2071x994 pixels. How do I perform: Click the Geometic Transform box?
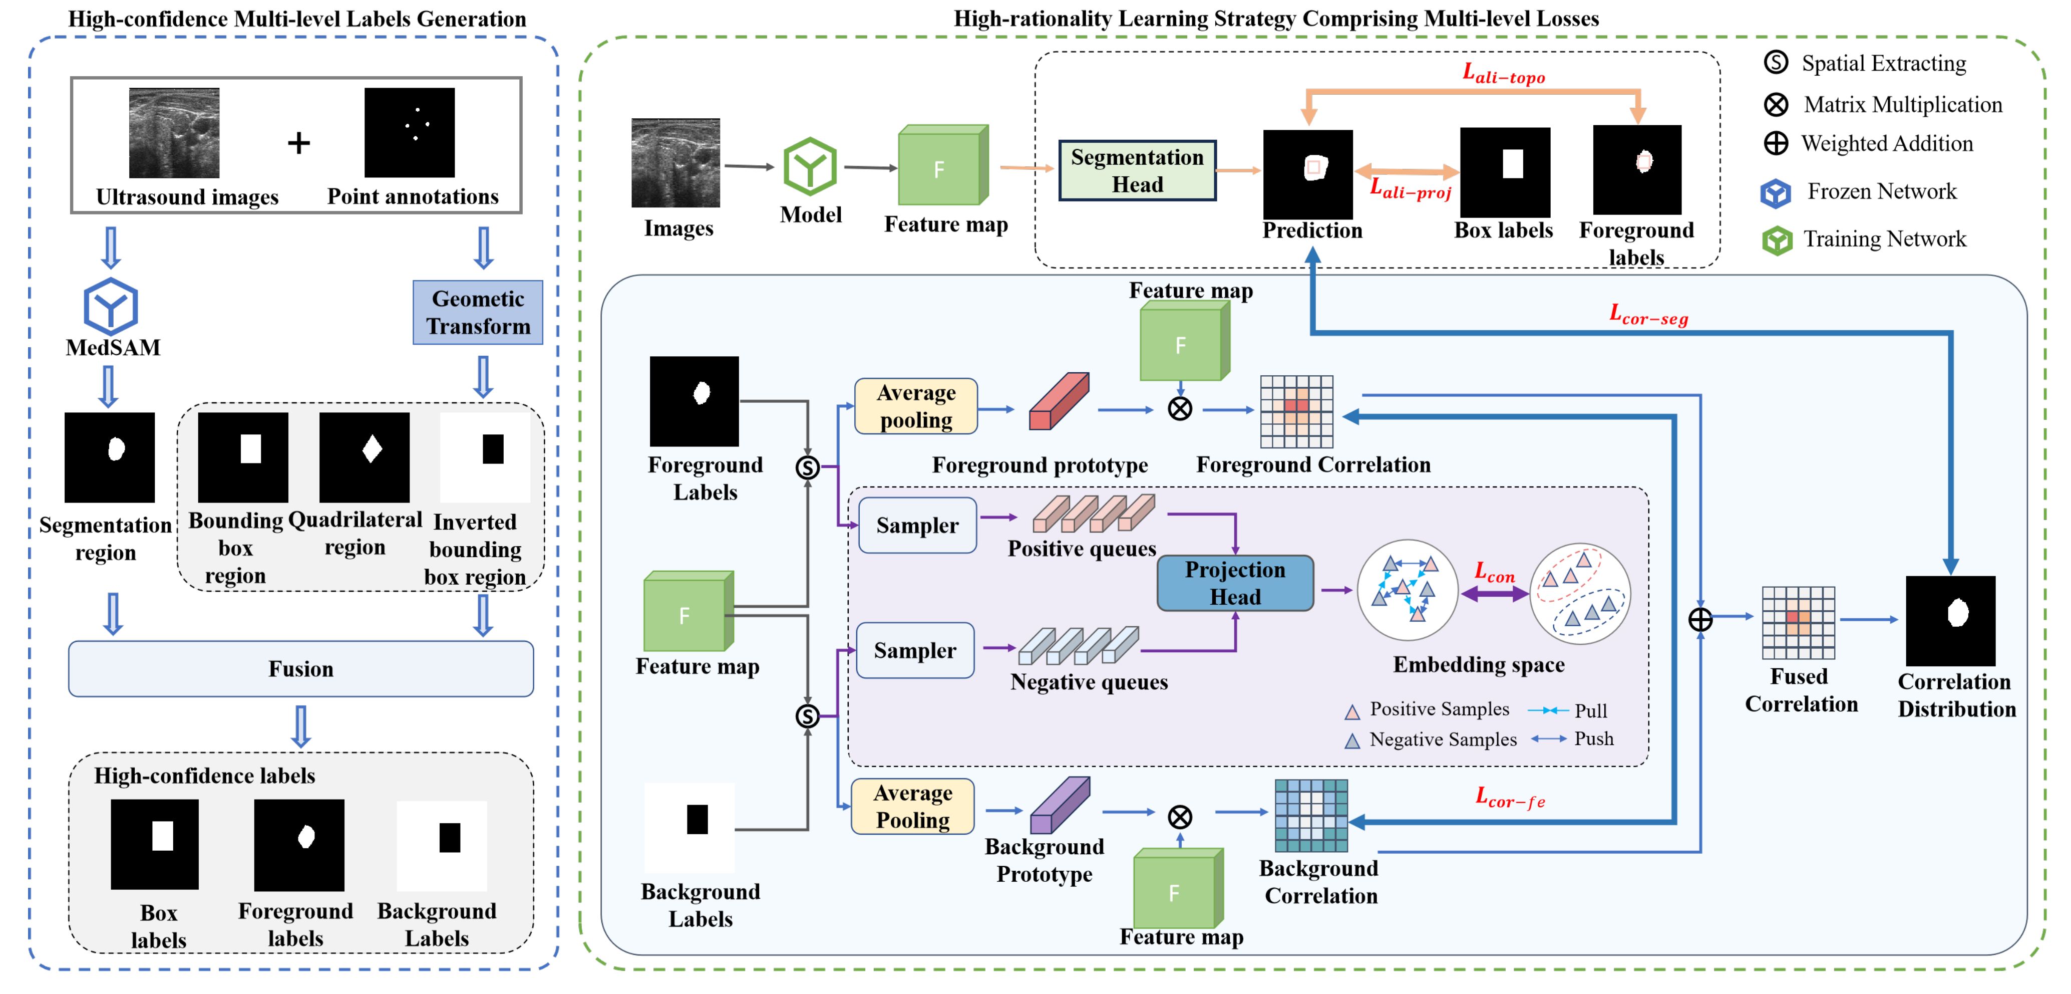click(478, 312)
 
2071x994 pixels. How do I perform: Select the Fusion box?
click(300, 668)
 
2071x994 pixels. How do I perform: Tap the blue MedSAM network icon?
click(111, 307)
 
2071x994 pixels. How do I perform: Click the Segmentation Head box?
click(1137, 170)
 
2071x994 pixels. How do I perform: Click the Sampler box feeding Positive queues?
click(917, 525)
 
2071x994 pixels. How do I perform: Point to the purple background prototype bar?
click(1060, 805)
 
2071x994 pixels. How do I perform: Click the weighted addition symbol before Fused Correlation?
click(1699, 619)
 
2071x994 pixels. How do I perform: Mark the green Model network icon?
click(810, 166)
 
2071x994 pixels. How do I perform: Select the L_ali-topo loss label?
click(1503, 74)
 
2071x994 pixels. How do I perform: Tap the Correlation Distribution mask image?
click(1950, 620)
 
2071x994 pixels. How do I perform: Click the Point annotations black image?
click(409, 133)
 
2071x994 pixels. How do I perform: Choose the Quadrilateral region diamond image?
click(364, 457)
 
